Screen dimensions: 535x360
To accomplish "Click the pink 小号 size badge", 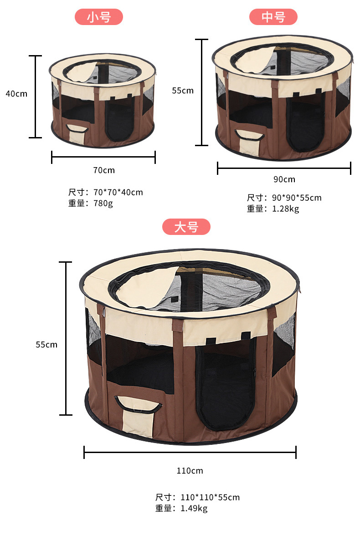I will (99, 17).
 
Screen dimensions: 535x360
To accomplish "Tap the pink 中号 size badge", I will (273, 17).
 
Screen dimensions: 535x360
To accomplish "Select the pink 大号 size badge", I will (186, 227).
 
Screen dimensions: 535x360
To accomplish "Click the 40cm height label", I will (16, 94).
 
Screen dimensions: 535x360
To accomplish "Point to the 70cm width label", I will (104, 170).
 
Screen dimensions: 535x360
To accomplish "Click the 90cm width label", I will (284, 179).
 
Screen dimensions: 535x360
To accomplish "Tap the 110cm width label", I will (190, 470).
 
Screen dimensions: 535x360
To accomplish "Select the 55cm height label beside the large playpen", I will (46, 345).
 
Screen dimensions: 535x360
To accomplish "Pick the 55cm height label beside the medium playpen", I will (182, 91).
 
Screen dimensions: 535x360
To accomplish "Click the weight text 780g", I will (103, 203).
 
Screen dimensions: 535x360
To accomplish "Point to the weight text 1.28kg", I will (285, 209).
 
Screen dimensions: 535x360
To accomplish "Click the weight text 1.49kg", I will (194, 508).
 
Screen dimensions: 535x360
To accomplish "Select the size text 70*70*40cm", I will (118, 192).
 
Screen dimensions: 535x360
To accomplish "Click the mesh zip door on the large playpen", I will (226, 387).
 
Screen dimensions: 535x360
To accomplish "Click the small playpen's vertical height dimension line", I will (35, 97).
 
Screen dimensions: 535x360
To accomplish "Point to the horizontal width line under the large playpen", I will (190, 452).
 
